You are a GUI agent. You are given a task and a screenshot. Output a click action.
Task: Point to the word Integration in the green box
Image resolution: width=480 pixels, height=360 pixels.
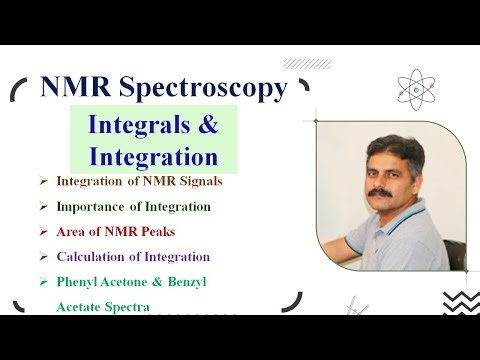(152, 157)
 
